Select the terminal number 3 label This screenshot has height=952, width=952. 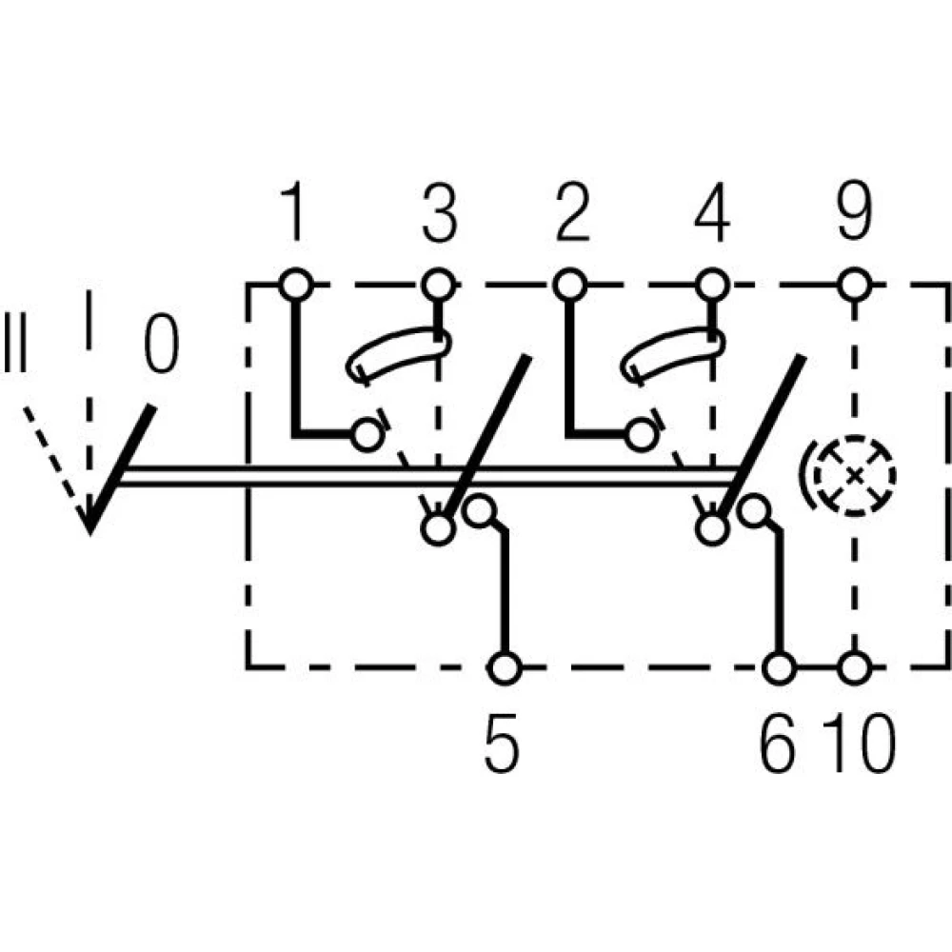click(438, 211)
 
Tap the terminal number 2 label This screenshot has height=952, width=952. click(572, 211)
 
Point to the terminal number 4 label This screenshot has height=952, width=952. click(712, 211)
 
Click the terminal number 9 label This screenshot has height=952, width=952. click(854, 211)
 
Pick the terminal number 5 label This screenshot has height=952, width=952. click(502, 744)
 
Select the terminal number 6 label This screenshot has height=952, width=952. click(777, 744)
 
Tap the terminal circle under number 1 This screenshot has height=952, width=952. click(296, 284)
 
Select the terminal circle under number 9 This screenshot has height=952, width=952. click(854, 284)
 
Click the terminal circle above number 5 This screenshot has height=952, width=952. click(505, 668)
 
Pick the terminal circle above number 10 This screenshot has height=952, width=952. click(854, 668)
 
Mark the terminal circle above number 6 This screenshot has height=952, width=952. click(779, 668)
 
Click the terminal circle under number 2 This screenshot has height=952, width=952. click(570, 284)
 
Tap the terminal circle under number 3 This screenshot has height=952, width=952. click(438, 284)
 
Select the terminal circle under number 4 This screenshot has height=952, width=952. click(712, 284)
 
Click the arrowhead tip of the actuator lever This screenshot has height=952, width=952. click(89, 534)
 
